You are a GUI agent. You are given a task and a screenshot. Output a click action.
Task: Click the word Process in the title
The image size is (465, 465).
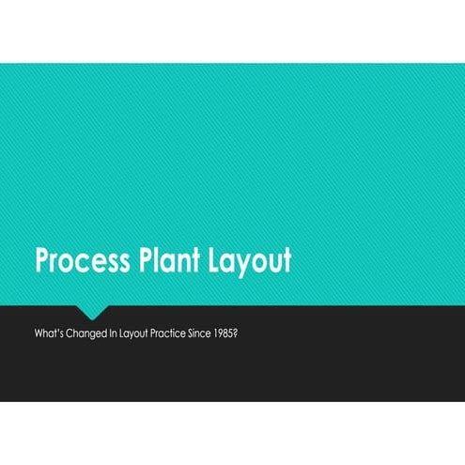pos(82,261)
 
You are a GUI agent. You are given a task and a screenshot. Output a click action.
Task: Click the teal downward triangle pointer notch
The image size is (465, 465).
pos(92,312)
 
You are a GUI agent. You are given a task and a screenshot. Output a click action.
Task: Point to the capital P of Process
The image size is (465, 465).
pos(43,261)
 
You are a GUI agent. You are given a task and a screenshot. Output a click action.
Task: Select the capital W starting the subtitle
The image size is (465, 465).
pos(39,333)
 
